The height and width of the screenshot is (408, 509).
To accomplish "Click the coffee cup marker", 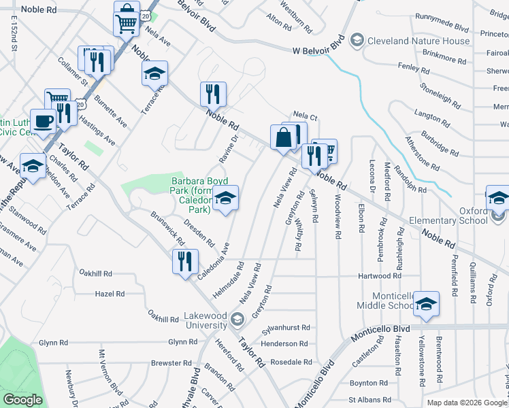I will tap(44, 122).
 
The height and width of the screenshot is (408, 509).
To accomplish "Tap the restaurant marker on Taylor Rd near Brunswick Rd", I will tap(185, 262).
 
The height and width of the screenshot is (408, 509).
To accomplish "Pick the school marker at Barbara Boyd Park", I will tap(226, 199).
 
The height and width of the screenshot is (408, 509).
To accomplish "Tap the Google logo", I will tap(22, 400).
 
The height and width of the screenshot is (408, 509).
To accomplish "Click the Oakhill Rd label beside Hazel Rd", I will tap(163, 316).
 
